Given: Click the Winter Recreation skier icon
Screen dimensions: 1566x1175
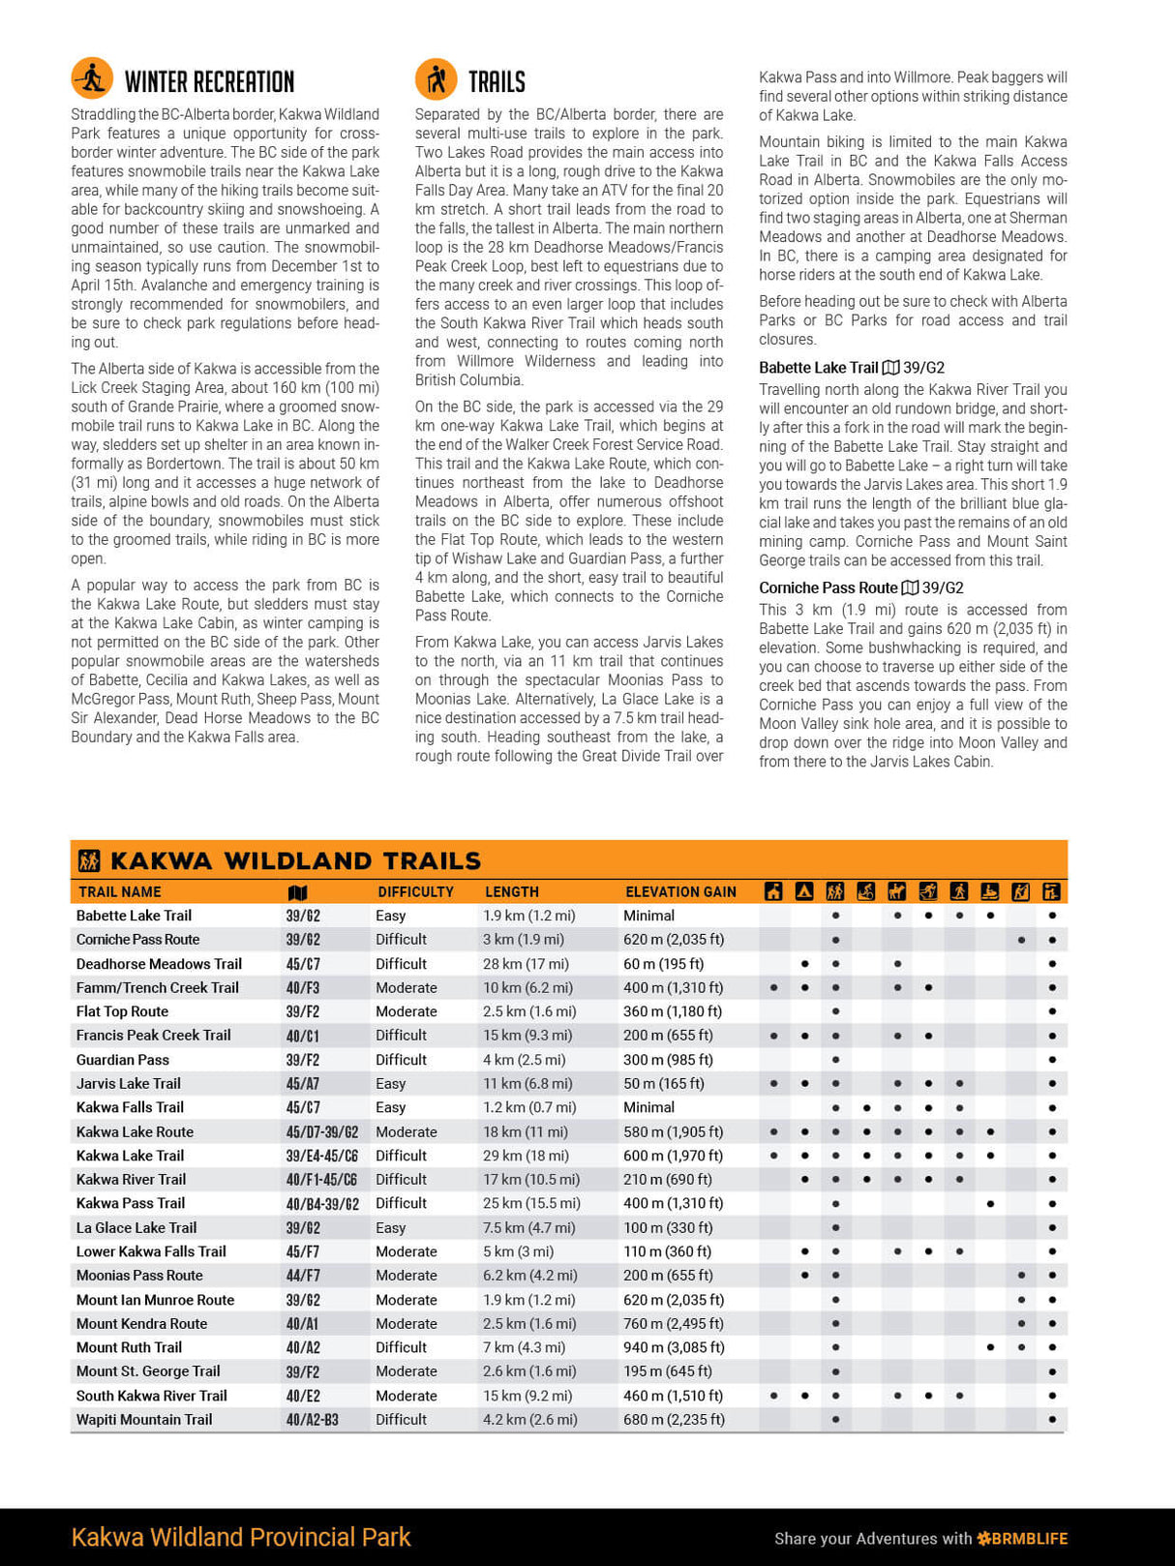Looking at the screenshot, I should click(92, 78).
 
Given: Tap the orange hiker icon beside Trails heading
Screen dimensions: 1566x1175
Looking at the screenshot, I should click(436, 78).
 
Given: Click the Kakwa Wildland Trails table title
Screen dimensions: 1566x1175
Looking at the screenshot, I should click(295, 860).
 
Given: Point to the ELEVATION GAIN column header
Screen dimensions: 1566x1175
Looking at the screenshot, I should click(680, 892).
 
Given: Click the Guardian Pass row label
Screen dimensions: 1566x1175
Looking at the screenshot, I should click(123, 1060).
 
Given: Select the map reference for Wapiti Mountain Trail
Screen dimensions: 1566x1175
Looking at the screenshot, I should click(312, 1420).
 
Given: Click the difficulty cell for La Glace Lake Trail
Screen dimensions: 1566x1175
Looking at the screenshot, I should click(391, 1227).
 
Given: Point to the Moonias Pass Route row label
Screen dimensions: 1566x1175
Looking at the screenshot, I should click(139, 1276).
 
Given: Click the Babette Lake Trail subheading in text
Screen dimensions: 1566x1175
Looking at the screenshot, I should click(818, 368).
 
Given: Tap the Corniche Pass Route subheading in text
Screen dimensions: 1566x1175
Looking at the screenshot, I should click(829, 587).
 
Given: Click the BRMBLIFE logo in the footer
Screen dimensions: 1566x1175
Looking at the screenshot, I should click(1023, 1538).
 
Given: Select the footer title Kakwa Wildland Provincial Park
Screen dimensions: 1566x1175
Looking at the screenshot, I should click(241, 1537).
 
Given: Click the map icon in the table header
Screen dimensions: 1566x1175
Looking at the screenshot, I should click(298, 892).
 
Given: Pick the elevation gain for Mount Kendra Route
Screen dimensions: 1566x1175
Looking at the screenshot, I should click(673, 1323).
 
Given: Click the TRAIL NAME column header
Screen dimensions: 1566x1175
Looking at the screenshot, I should click(120, 892).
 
